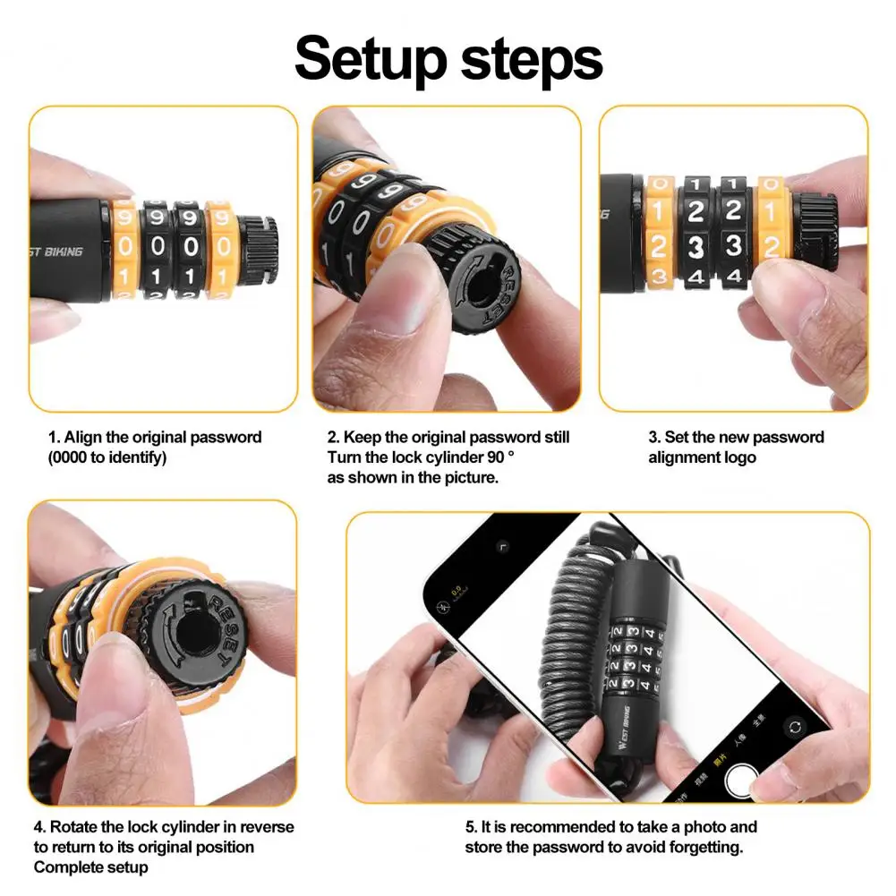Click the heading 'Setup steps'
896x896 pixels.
448,59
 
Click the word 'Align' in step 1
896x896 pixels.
84,438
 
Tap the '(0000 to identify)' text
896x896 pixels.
107,457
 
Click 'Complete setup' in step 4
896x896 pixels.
90,867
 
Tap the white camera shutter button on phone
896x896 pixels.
742,781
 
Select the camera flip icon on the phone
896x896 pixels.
794,727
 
